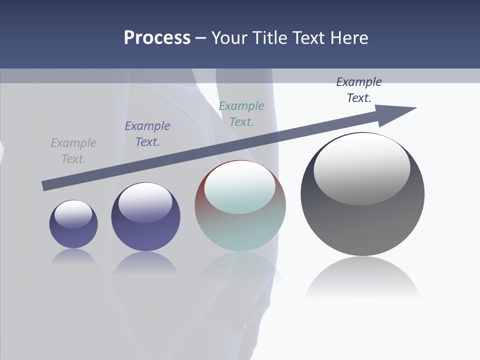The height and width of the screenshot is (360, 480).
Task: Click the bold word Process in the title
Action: [x=157, y=38]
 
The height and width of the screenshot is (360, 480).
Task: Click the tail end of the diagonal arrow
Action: [x=45, y=185]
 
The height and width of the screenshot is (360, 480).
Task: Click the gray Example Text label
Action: [x=73, y=150]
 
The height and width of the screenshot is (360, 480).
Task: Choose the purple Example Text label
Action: [x=147, y=133]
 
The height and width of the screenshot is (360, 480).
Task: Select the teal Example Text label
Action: [x=241, y=113]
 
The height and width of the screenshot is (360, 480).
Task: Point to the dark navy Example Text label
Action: [x=359, y=89]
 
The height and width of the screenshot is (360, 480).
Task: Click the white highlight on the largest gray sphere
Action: [x=362, y=167]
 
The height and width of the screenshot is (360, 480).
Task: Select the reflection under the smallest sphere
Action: [x=73, y=256]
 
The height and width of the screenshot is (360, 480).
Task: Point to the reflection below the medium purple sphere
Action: [x=145, y=262]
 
